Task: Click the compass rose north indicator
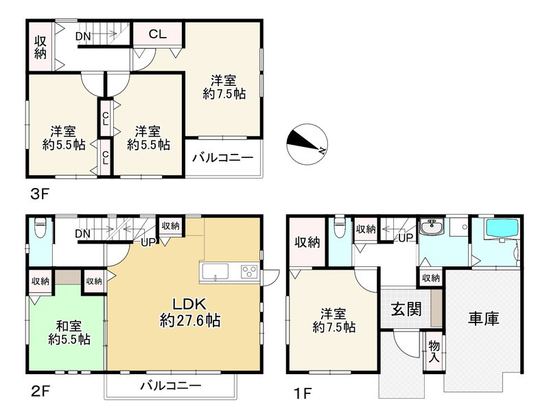(x=307, y=144)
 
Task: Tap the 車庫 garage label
(x=484, y=318)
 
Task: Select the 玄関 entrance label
(x=406, y=309)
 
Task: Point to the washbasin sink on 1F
(x=432, y=228)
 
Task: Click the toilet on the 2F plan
(x=40, y=228)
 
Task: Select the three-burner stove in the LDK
(x=249, y=272)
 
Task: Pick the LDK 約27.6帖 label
(x=190, y=312)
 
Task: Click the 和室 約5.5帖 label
(x=69, y=333)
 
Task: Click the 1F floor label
(x=303, y=394)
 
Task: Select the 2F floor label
(x=40, y=391)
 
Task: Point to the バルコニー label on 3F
(x=222, y=158)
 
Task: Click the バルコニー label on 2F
(x=171, y=386)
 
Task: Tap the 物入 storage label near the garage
(x=434, y=351)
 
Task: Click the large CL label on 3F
(x=158, y=34)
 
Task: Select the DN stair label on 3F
(x=83, y=36)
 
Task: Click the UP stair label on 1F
(x=406, y=238)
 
